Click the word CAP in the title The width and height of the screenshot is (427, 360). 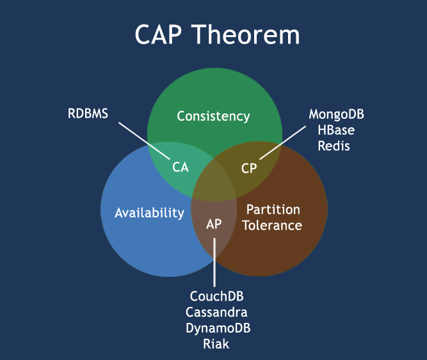click(158, 35)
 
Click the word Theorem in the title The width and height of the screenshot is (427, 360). click(245, 35)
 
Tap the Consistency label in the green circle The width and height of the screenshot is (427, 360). click(213, 116)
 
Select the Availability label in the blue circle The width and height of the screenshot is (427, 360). click(150, 213)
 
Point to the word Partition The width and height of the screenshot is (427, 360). click(273, 210)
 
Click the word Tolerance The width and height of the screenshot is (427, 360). click(272, 226)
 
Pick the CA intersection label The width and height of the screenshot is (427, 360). click(181, 167)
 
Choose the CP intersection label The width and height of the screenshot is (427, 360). click(249, 168)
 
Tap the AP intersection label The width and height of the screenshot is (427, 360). click(214, 224)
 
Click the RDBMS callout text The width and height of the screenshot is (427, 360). click(88, 113)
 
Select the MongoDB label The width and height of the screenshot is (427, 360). click(336, 114)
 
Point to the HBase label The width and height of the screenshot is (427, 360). click(336, 130)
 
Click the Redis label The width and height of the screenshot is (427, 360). click(334, 146)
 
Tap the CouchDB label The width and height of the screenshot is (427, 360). click(216, 296)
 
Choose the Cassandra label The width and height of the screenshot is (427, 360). click(216, 312)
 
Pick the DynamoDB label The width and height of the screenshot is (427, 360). click(218, 328)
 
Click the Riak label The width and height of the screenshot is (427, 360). click(216, 343)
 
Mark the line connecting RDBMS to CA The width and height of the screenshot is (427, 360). click(144, 141)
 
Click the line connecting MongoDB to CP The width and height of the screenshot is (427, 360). click(283, 143)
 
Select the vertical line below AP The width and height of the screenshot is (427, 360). click(214, 262)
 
